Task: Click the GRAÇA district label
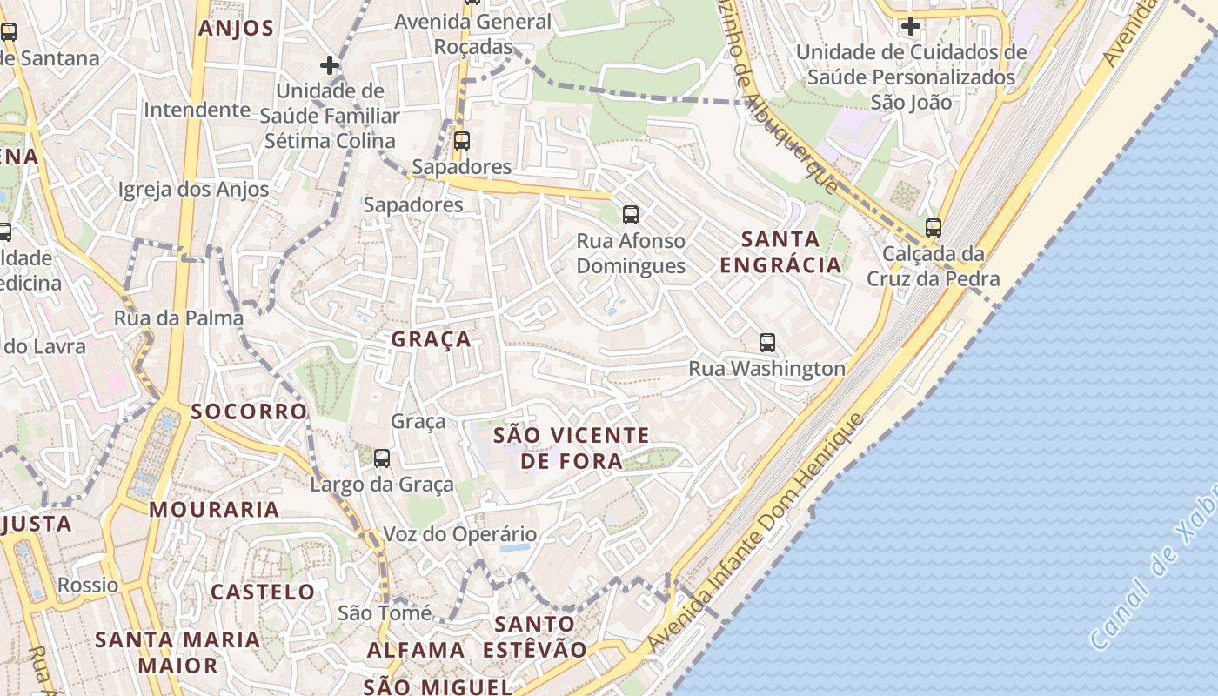[x=431, y=339]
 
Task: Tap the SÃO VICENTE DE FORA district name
[x=572, y=447]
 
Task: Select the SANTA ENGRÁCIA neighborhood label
[x=780, y=251]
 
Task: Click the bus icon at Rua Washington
[x=766, y=343]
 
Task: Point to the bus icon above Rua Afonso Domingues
[x=631, y=215]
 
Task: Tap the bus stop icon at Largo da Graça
[x=381, y=458]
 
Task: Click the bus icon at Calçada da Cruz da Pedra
[x=934, y=229]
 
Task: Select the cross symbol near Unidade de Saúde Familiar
[x=329, y=65]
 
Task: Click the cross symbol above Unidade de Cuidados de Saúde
[x=911, y=26]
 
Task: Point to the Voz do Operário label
[x=460, y=533]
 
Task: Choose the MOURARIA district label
[x=214, y=510]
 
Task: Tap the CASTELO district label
[x=263, y=592]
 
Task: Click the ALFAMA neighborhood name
[x=416, y=650]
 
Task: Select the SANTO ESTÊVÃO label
[x=535, y=636]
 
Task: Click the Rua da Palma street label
[x=178, y=318]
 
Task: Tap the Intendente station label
[x=197, y=110]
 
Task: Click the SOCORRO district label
[x=249, y=412]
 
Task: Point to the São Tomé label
[x=384, y=612]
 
